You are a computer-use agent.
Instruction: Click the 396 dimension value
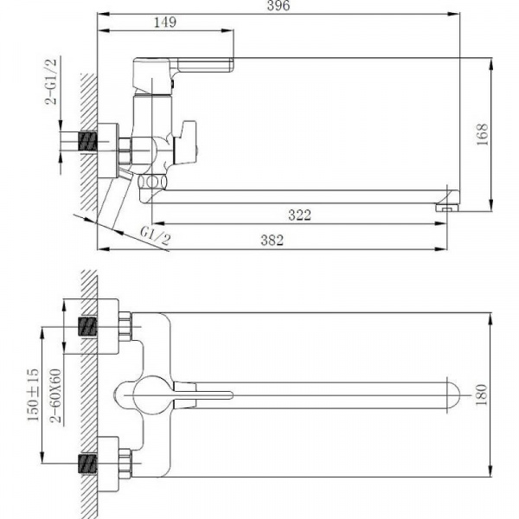[x=278, y=7]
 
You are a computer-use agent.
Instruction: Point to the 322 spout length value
[x=299, y=215]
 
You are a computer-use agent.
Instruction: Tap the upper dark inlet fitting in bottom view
[x=88, y=329]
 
